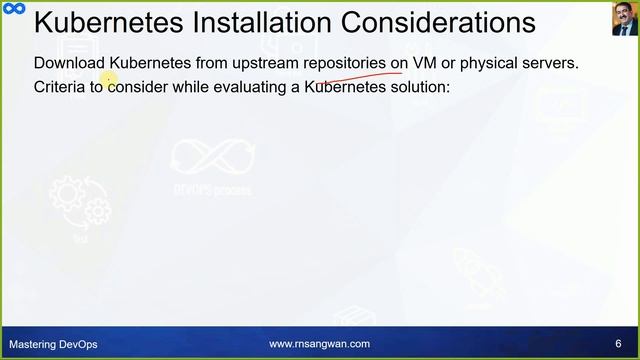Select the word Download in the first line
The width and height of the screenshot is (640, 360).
(x=69, y=63)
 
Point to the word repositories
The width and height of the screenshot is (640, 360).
(x=345, y=63)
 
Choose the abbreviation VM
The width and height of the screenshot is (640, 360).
(x=425, y=63)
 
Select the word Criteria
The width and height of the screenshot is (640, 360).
(x=61, y=88)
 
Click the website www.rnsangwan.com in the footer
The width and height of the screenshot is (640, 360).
(x=319, y=344)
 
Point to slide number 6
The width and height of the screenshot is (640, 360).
(x=618, y=344)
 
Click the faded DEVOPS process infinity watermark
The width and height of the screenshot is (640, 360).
(x=211, y=166)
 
